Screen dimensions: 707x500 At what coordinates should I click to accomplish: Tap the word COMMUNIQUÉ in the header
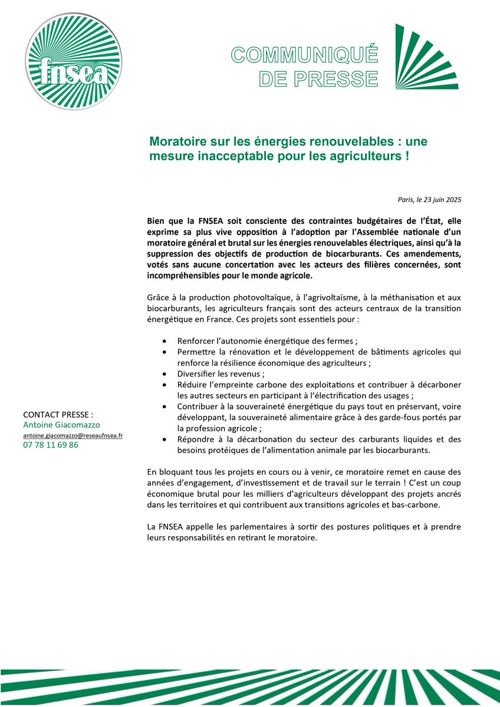coord(304,55)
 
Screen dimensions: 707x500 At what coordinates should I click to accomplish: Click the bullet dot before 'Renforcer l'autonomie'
coord(163,341)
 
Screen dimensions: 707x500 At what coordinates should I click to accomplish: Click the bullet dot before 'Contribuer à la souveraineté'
coord(163,407)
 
